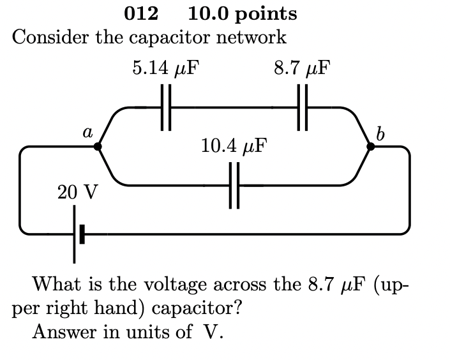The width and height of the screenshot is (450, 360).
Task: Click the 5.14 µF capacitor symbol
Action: [166, 108]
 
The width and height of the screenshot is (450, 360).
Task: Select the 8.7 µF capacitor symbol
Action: [302, 108]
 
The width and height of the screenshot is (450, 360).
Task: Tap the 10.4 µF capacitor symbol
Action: [234, 186]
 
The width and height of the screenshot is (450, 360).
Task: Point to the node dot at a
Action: [97, 147]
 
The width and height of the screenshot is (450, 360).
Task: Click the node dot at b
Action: [371, 147]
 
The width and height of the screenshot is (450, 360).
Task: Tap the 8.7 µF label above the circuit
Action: [302, 68]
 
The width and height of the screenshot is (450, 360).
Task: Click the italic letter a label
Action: [87, 131]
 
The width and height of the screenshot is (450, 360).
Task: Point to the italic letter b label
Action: [380, 133]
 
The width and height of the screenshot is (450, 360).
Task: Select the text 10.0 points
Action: [243, 13]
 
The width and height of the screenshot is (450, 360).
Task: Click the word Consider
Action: [50, 37]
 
